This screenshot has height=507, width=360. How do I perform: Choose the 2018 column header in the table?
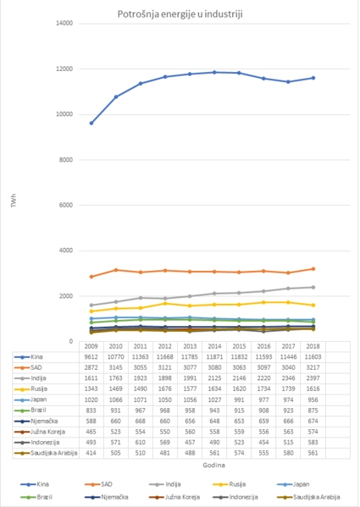point(313,347)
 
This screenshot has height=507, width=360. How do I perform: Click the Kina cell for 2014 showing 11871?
point(215,357)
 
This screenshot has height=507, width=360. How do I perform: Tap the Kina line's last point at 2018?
point(313,78)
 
